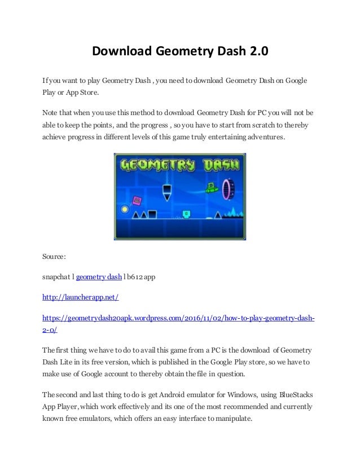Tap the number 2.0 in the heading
tap(257, 52)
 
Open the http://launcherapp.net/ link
tap(81, 296)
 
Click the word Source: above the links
tap(54, 258)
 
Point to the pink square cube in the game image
tap(137, 200)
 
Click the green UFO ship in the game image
tap(211, 189)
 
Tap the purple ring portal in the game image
tap(229, 188)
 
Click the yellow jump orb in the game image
tap(125, 210)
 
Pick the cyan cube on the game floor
tap(186, 214)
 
